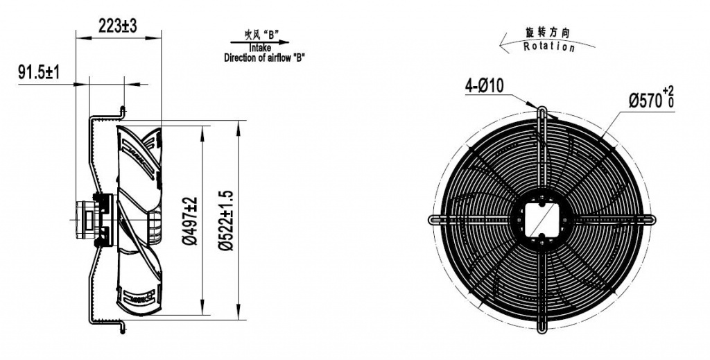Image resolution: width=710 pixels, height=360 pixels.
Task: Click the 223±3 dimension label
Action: tap(118, 26)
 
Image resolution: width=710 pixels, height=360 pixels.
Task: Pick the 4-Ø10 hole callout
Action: tap(485, 86)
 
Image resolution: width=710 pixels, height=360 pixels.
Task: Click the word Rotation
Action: tap(549, 47)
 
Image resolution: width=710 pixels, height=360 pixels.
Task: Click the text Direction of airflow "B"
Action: tap(264, 58)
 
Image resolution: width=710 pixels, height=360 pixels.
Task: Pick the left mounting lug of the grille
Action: tap(435, 219)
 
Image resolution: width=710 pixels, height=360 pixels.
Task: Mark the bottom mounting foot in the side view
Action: tap(123, 324)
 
